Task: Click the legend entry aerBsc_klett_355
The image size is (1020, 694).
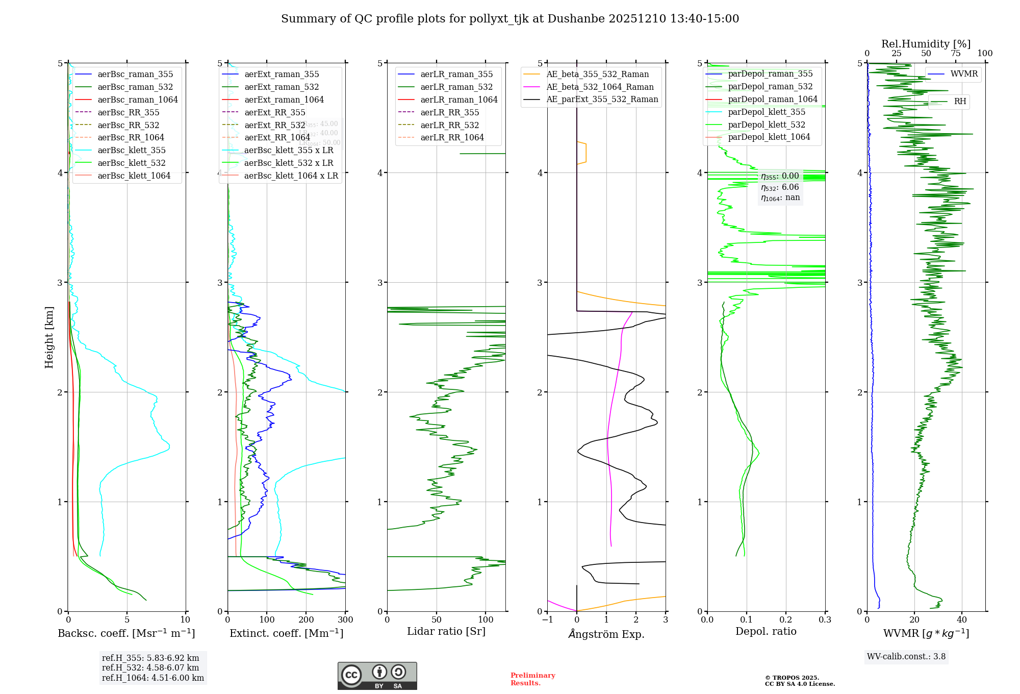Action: click(x=132, y=150)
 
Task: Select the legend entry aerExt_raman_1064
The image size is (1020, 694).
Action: click(x=284, y=100)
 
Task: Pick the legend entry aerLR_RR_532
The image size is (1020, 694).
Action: click(x=449, y=125)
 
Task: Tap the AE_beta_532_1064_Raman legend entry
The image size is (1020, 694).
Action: click(x=600, y=87)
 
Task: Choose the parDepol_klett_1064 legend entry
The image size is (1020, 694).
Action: click(x=769, y=137)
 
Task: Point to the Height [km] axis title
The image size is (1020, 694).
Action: click(x=49, y=337)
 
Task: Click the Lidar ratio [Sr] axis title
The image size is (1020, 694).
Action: click(x=446, y=631)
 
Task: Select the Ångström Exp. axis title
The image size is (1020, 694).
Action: click(x=606, y=634)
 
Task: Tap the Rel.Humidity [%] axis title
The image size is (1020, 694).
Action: click(x=926, y=44)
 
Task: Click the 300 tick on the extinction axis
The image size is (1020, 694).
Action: click(x=345, y=620)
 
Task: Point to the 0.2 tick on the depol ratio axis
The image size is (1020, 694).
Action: click(x=786, y=620)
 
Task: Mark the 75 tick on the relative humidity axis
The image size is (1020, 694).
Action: click(x=955, y=54)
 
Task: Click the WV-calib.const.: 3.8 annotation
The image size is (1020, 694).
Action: click(x=906, y=657)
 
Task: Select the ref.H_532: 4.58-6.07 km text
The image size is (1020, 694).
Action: click(x=150, y=668)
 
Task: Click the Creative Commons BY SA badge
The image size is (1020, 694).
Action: click(x=377, y=676)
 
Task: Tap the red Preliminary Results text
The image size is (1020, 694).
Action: click(x=532, y=679)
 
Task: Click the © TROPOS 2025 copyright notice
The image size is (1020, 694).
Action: click(x=792, y=678)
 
